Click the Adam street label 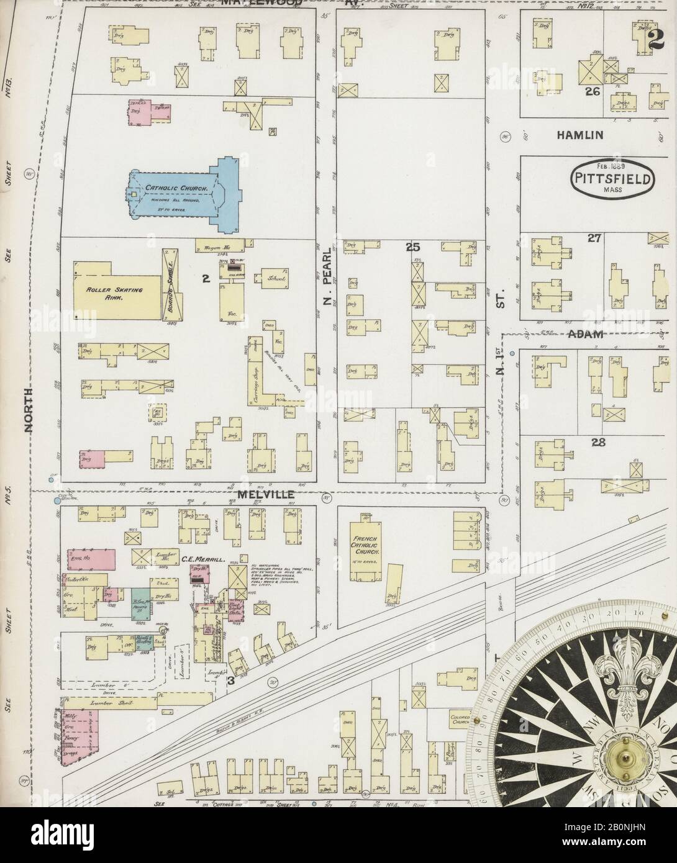coord(586,334)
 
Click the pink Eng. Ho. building coord(91,558)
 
